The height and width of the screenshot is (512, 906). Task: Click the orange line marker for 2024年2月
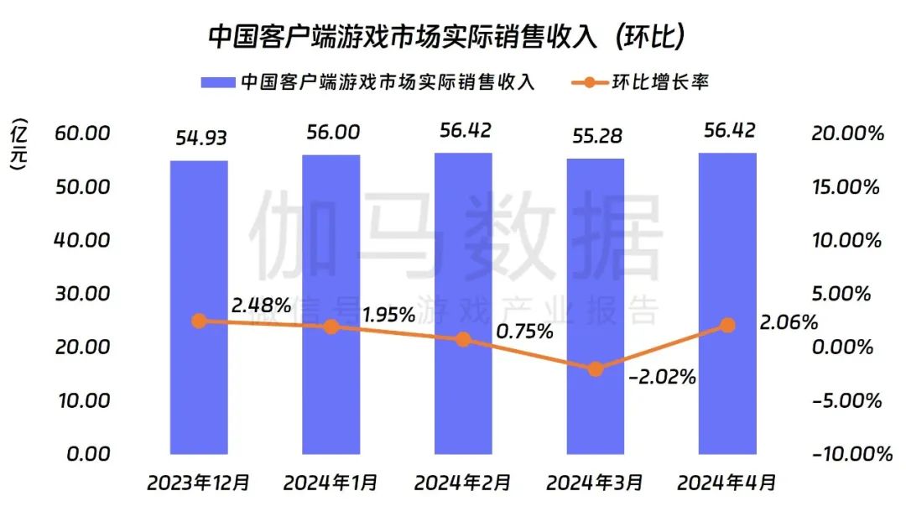[463, 340]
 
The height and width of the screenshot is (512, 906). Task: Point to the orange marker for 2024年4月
[727, 325]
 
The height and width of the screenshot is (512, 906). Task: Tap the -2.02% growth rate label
[662, 377]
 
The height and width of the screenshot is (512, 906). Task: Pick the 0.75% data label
[524, 332]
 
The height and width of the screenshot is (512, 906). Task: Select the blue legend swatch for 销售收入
[216, 82]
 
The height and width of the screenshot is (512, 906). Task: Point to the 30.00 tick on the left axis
[82, 293]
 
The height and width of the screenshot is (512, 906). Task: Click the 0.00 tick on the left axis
[88, 453]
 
